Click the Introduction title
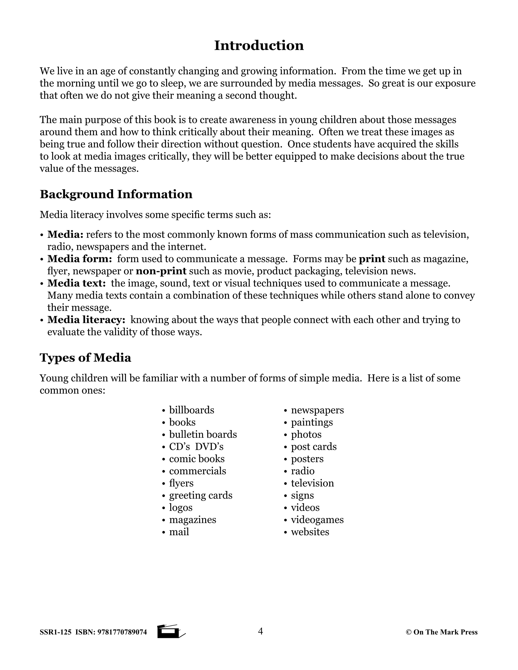tap(259, 46)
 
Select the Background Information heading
tap(116, 194)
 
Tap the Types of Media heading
tap(85, 358)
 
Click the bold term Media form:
tap(79, 259)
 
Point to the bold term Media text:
tap(76, 283)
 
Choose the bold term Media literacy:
tap(86, 320)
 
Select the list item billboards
tap(191, 410)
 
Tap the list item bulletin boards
tap(203, 434)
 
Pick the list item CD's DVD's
tap(196, 447)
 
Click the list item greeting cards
tap(201, 496)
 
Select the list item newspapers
tap(317, 410)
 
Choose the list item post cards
tap(314, 447)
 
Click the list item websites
tap(310, 532)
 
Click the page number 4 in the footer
tap(260, 631)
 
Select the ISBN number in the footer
tap(122, 632)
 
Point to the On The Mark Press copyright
tap(442, 632)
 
